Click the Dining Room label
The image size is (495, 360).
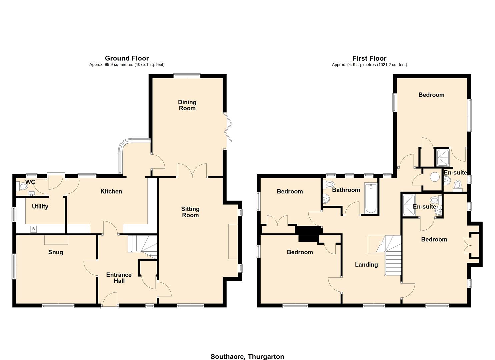coord(187,105)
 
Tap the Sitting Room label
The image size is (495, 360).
coord(190,212)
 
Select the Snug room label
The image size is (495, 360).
coord(55,252)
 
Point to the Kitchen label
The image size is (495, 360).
coord(111,191)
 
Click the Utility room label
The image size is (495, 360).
coord(40,206)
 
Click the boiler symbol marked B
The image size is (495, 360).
coord(33,229)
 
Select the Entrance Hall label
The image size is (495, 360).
coord(119,278)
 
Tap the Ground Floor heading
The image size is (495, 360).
coord(127,58)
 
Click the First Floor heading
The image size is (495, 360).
coord(369,58)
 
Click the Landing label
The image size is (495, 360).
coord(366,264)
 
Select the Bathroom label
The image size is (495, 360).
coord(346,190)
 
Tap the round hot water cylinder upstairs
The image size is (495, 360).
coord(435,177)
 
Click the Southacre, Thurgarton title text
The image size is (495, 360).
coord(247,356)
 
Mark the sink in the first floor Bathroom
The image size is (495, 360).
coord(326,199)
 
